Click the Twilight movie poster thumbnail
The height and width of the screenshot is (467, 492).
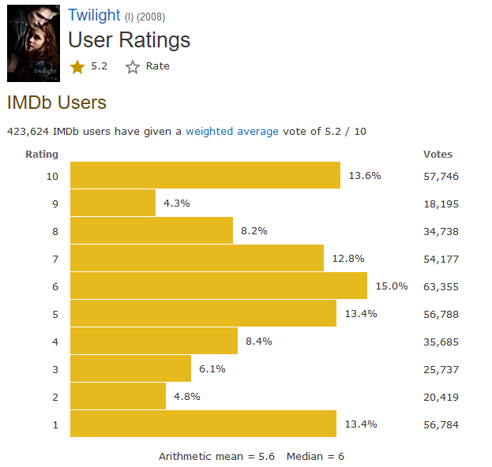33,42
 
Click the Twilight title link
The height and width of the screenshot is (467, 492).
93,16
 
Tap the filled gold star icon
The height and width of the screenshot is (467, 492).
77,67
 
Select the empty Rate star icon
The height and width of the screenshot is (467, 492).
133,67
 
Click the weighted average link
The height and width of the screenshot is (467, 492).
232,131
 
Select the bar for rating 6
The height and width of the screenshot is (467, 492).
219,286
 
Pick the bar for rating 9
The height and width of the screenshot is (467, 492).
113,203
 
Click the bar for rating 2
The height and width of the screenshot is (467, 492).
118,396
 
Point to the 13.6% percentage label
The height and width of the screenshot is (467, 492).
365,175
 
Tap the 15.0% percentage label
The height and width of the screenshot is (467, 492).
392,286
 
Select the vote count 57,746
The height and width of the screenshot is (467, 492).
441,176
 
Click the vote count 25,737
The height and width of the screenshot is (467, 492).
441,369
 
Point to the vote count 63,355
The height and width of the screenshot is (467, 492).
441,286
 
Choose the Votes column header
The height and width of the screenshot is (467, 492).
438,155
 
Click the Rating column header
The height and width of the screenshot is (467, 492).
42,155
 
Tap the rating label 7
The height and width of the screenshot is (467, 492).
55,259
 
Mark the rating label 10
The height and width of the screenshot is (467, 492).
53,176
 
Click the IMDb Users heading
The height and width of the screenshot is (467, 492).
56,103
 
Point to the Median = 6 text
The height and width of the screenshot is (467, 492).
315,456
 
